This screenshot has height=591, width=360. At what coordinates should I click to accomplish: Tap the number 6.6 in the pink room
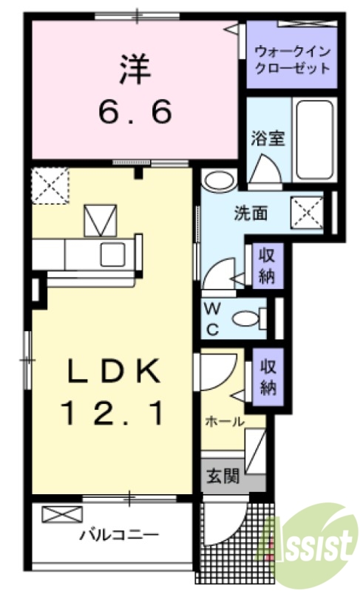click(x=135, y=112)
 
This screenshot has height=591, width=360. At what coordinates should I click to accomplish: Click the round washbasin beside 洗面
click(x=218, y=180)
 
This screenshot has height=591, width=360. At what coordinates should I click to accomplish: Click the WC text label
click(x=212, y=317)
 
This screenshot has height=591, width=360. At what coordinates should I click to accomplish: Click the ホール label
click(x=224, y=421)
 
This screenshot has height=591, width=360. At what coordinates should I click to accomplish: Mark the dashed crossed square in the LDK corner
click(x=50, y=185)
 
